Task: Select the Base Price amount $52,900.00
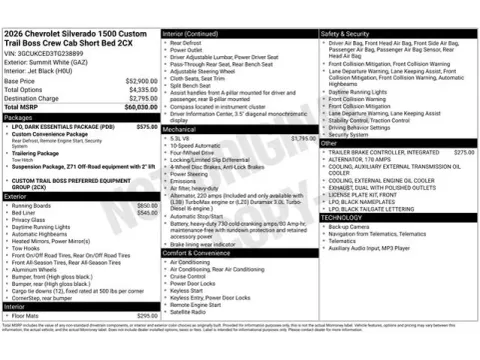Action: (137, 81)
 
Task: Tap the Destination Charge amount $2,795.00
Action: (138, 99)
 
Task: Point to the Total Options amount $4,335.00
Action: (139, 90)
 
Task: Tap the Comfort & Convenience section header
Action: (201, 254)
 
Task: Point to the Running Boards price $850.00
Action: (146, 205)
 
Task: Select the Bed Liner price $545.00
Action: (146, 213)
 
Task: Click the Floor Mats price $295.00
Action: (146, 316)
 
